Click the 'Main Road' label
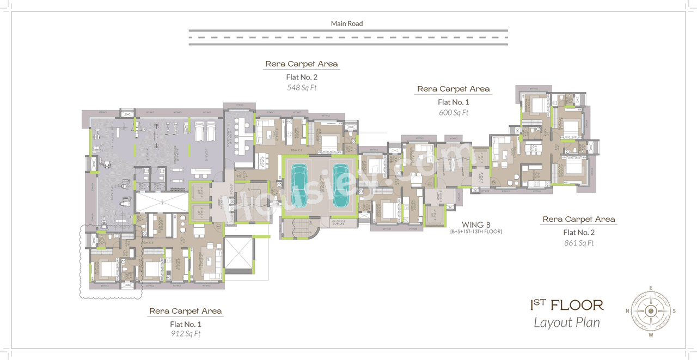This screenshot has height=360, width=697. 347,23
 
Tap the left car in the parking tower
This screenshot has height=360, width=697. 299,185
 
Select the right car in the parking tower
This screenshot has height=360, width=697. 339,185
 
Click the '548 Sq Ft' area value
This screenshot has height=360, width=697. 301,88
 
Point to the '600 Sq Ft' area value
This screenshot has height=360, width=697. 453,113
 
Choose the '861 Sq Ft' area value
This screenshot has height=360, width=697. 578,243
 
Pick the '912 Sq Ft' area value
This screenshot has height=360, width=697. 185,334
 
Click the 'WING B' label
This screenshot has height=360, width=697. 476,224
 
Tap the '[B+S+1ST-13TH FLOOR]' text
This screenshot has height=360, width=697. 476,232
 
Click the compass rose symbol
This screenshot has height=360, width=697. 651,311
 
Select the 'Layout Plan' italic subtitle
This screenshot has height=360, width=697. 566,322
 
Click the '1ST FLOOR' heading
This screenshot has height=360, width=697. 566,304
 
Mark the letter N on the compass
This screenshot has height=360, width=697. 627,312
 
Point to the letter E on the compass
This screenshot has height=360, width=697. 651,288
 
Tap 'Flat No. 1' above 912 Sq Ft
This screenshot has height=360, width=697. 185,323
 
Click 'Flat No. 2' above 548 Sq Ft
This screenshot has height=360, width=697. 301,77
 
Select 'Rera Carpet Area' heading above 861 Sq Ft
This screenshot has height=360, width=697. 578,219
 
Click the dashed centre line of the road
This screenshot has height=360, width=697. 348,38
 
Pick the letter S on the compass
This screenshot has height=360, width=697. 674,312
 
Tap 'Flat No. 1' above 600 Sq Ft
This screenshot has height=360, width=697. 453,102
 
